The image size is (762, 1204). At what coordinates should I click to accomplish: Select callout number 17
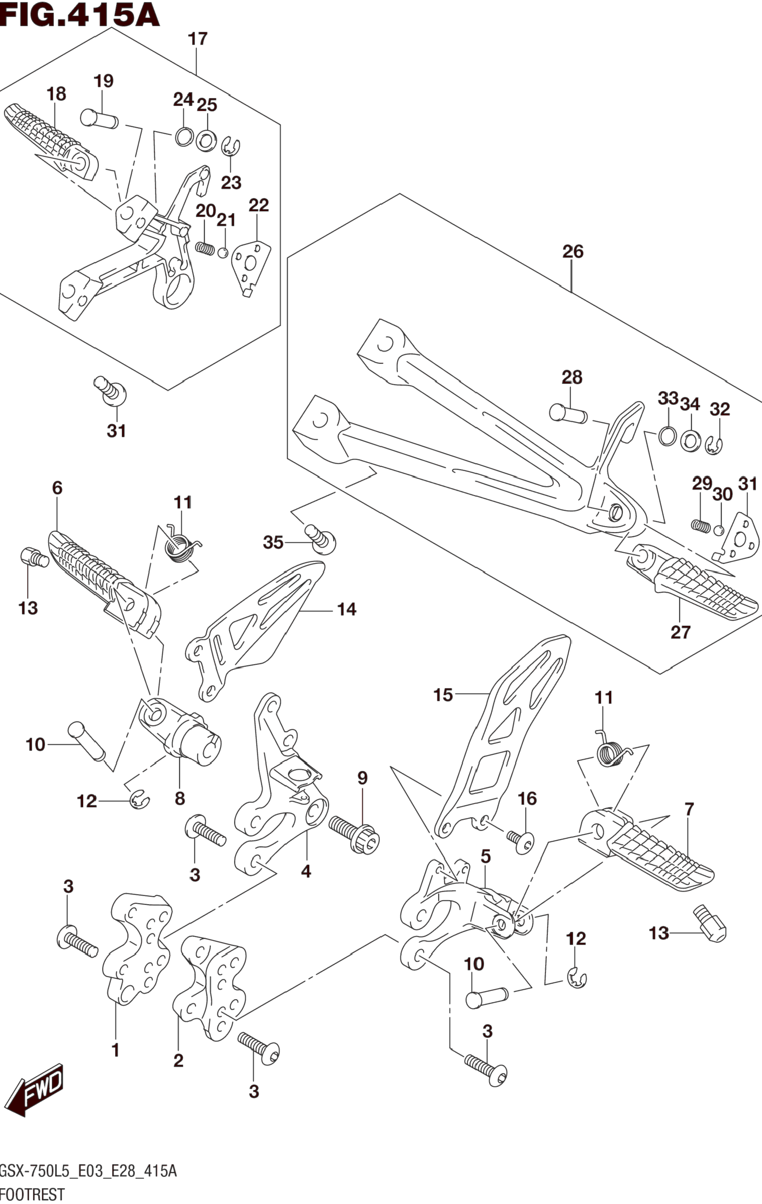click(x=197, y=38)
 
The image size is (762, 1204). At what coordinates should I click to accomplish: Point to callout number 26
click(x=573, y=251)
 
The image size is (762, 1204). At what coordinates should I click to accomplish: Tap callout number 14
click(x=346, y=609)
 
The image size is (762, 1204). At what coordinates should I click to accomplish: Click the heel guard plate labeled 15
click(x=502, y=735)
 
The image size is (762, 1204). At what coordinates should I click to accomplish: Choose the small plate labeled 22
click(x=252, y=269)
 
